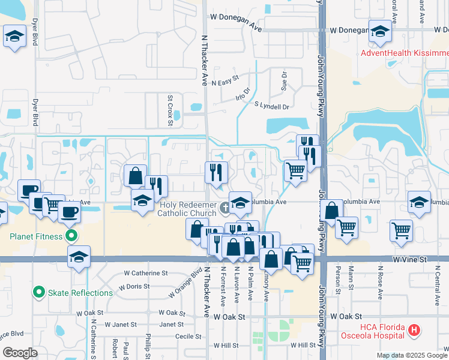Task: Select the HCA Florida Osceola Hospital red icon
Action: pyautogui.click(x=414, y=329)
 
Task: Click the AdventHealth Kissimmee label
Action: pyautogui.click(x=405, y=53)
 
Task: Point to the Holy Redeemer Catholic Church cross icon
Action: pyautogui.click(x=224, y=208)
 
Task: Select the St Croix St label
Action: pyautogui.click(x=170, y=110)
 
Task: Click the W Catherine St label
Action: pyautogui.click(x=146, y=273)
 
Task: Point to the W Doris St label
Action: pyautogui.click(x=133, y=287)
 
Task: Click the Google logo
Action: pyautogui.click(x=20, y=352)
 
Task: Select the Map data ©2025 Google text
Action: pyautogui.click(x=412, y=355)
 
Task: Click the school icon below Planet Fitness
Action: pyautogui.click(x=79, y=257)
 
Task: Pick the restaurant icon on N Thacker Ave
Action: pyautogui.click(x=216, y=172)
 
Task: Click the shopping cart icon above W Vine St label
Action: pyautogui.click(x=401, y=230)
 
